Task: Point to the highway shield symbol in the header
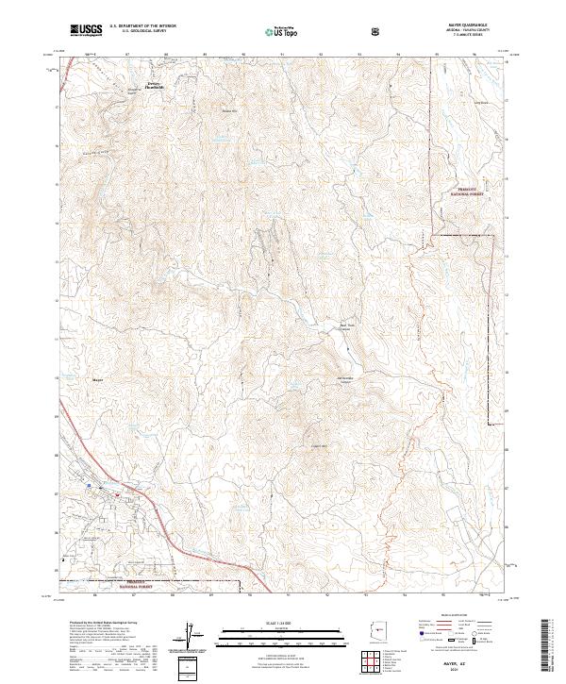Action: click(x=378, y=30)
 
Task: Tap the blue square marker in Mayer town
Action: click(x=94, y=489)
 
